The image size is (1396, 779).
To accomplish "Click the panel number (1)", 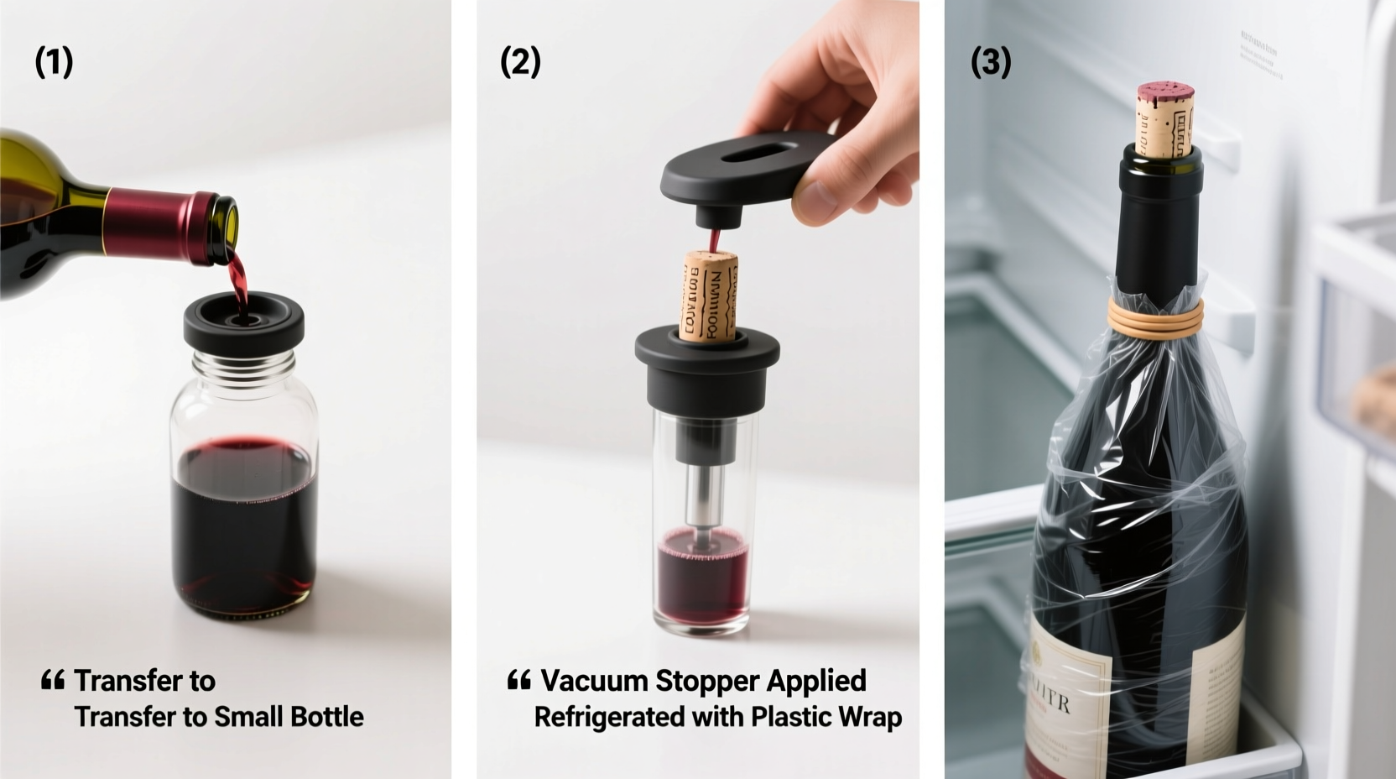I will [x=54, y=62].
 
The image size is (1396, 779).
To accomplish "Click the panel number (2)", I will [x=520, y=62].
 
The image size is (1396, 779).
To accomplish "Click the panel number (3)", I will [x=990, y=62].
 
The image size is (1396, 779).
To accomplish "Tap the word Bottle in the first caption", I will [x=326, y=717].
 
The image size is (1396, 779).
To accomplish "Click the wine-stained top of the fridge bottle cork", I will [x=1165, y=91].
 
